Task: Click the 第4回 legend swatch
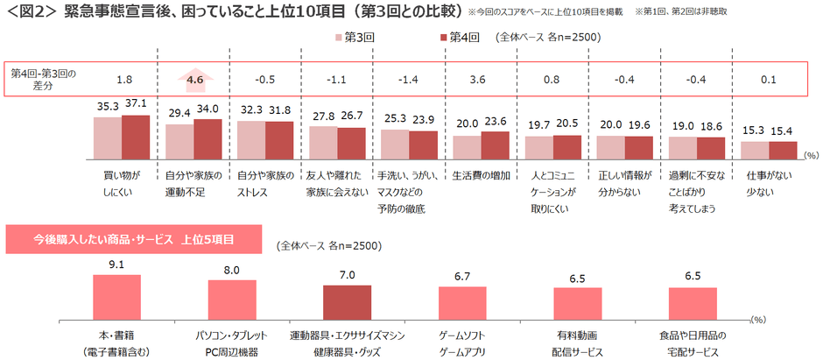coord(441,38)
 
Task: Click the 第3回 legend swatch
coord(339,38)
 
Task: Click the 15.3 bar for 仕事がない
coord(754,151)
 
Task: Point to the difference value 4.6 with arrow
coord(194,80)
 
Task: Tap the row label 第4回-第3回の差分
coord(43,80)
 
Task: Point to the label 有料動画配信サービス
coord(577,343)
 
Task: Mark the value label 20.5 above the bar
coord(552,124)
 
